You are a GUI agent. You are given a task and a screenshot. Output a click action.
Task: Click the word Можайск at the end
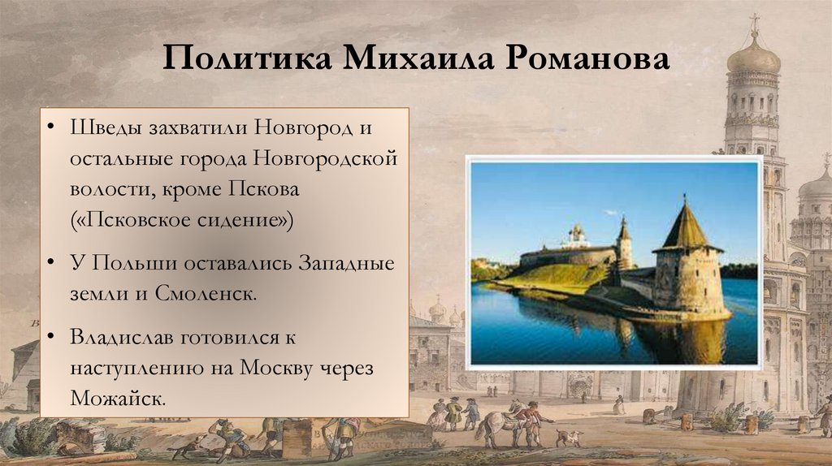(x=118, y=398)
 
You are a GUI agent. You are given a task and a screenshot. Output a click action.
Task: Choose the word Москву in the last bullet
(x=280, y=367)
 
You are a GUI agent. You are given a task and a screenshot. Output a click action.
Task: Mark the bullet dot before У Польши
(x=51, y=263)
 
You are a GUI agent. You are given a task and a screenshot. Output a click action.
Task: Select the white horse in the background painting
(x=497, y=424)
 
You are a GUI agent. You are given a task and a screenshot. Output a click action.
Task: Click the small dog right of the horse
(x=568, y=438)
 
